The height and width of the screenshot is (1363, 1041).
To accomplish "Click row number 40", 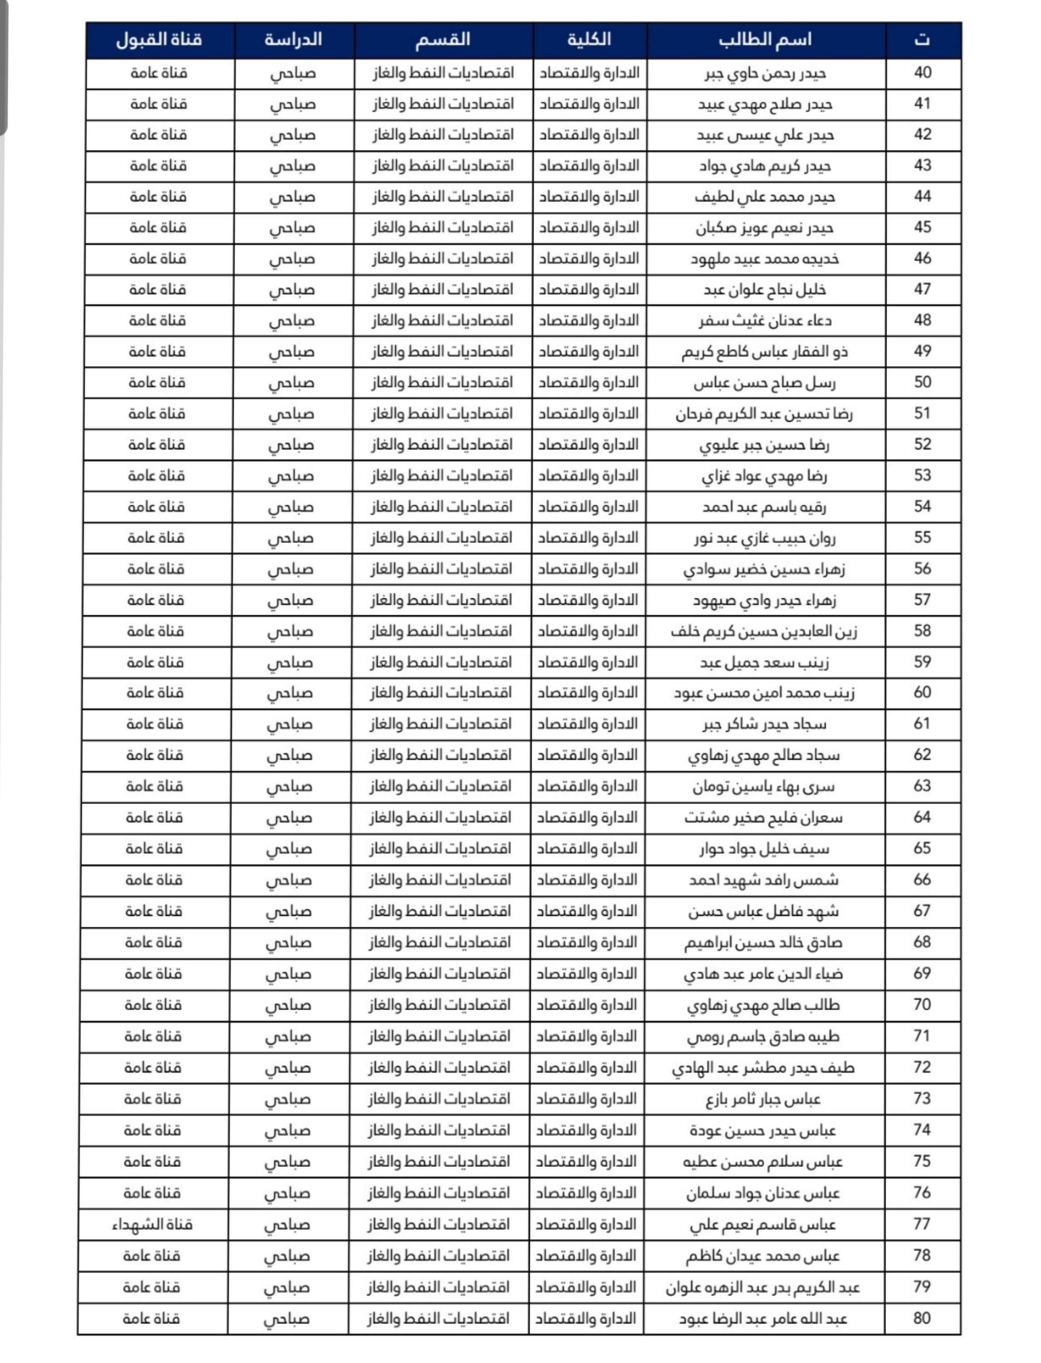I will [x=923, y=73].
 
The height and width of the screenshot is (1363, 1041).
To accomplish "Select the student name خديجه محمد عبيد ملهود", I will [x=765, y=259].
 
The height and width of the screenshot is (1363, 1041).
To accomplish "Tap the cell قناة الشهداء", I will [x=152, y=1224].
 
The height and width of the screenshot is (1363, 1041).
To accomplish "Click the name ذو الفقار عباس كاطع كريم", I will [x=765, y=352].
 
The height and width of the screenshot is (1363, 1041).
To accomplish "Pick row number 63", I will [x=922, y=786].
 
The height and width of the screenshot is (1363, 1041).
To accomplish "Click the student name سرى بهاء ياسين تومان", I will [x=764, y=787].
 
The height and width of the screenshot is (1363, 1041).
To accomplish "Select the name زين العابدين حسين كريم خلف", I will [x=764, y=632].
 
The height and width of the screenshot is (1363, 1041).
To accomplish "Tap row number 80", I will [x=921, y=1318].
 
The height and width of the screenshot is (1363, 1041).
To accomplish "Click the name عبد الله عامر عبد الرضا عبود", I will [x=763, y=1319].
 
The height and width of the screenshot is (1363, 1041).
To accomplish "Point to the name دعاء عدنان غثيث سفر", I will [x=765, y=321].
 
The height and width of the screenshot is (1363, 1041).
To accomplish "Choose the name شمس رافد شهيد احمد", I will [x=764, y=880].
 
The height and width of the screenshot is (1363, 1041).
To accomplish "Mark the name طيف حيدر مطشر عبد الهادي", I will [x=763, y=1068].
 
